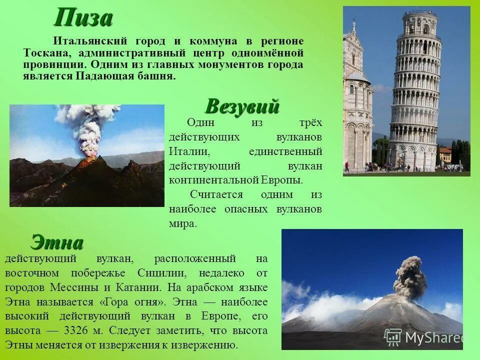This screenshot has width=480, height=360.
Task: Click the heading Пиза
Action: [83, 19]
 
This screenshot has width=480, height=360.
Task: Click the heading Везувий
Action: [242, 106]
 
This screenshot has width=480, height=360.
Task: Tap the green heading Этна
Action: [56, 242]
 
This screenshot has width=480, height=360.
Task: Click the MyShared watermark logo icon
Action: [392, 337]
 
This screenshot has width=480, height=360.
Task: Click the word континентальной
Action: [214, 179]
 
